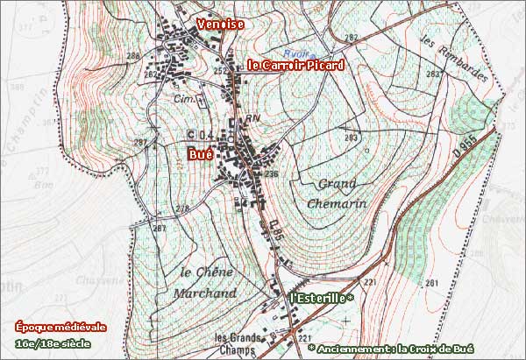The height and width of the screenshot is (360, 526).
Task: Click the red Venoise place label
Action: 220,25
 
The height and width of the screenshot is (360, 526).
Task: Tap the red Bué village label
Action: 201,154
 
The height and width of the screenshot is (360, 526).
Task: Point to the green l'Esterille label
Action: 321,299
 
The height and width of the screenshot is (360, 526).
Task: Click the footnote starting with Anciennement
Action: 414,348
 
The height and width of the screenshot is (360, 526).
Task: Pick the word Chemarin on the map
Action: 337,202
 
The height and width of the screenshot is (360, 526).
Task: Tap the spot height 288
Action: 133,57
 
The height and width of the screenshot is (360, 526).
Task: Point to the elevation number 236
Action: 271,174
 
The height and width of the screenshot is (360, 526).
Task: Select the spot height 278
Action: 182,208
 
